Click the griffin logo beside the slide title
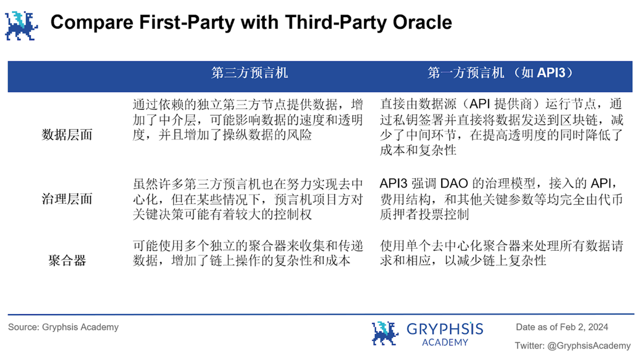coord(21,26)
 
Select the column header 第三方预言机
coord(250,73)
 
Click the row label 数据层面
coord(67,135)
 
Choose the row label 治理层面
coord(67,199)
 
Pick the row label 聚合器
coord(67,260)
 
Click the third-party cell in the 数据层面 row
coord(248,120)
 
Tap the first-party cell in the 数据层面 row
coord(501,127)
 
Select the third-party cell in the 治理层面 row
coord(248,199)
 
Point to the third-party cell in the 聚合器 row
coord(248,253)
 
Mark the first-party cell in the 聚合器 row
coord(501,253)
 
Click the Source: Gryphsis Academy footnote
coord(63,327)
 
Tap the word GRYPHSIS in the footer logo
coord(445,329)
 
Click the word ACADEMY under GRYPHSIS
coord(445,342)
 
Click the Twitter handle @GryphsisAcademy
coord(589,345)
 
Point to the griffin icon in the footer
coord(385,333)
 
